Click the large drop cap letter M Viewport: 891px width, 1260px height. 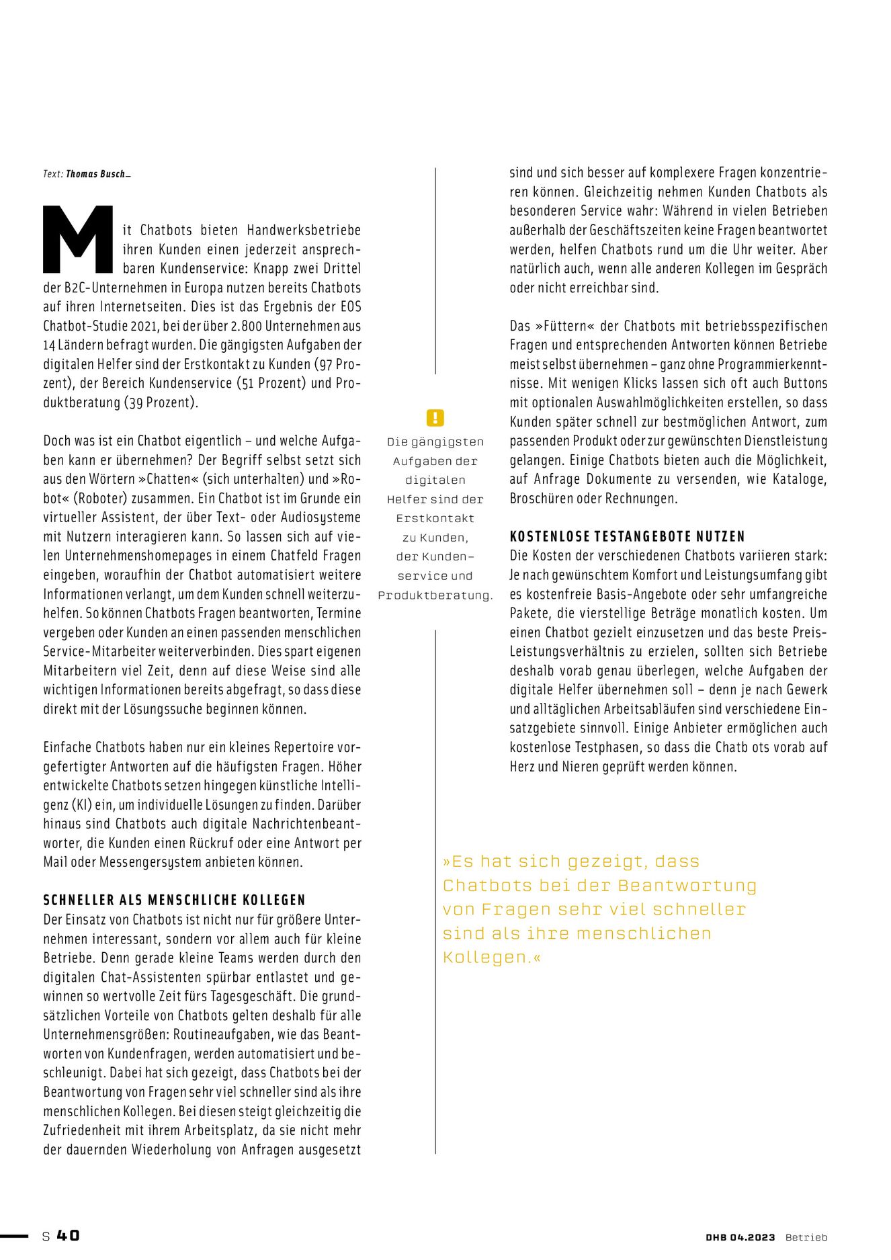coord(78,239)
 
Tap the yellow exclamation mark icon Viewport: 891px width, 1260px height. coord(435,418)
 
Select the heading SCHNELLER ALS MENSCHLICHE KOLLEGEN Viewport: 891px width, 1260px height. coord(175,900)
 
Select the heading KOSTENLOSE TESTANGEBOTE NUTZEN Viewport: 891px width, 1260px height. coord(628,536)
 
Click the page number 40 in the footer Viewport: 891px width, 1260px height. coord(68,1236)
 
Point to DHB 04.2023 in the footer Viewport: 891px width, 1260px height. coord(740,1237)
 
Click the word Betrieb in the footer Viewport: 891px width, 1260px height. coord(806,1237)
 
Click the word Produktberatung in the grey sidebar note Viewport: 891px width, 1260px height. coord(435,595)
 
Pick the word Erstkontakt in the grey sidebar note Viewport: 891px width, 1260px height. coord(435,519)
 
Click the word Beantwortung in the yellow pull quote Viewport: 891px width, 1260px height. coord(687,886)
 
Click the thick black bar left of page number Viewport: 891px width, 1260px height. coord(14,1236)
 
